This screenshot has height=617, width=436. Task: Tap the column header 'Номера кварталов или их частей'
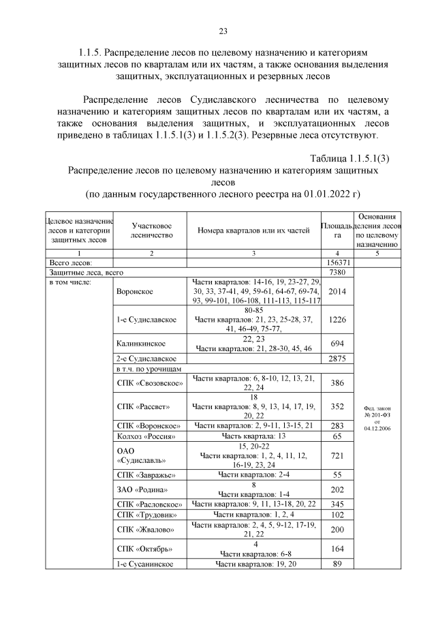[253, 230]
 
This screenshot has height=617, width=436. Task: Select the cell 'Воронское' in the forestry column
[135, 291]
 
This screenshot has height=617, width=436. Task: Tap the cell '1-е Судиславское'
[147, 319]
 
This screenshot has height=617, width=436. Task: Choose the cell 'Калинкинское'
[141, 344]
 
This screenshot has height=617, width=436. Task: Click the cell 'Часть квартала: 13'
[253, 435]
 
